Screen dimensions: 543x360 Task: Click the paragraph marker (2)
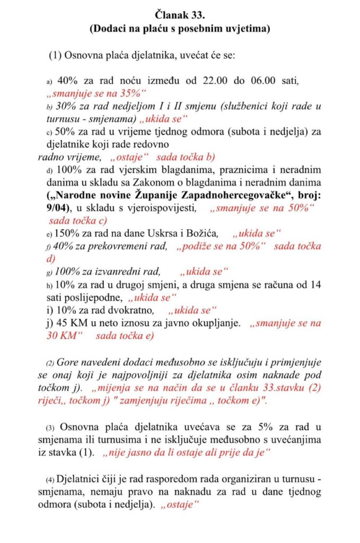50,363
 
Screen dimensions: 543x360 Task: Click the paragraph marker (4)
50,480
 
